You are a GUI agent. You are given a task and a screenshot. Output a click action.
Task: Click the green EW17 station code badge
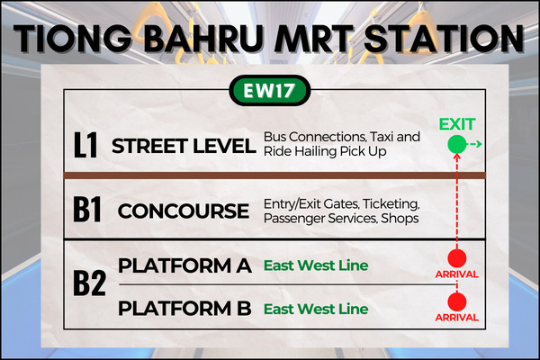coord(270,91)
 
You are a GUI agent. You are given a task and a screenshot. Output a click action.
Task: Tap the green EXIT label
coord(457,124)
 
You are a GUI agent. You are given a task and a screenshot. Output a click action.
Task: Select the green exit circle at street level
coord(457,144)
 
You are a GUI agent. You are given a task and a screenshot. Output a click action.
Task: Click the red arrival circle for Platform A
coord(457,258)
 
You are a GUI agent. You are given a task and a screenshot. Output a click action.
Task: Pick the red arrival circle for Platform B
coord(457,301)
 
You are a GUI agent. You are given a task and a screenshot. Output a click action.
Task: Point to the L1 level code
coord(85,146)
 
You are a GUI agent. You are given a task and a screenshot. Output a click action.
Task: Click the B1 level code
coord(87,210)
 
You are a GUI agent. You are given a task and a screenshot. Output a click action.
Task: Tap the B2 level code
coord(89,283)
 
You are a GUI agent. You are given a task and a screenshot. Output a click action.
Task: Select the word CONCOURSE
coord(184,211)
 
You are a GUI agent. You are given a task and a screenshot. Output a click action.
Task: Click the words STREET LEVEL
coord(184,146)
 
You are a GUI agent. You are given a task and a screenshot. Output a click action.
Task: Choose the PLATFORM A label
coord(184,265)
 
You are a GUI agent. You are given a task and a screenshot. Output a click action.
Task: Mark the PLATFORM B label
coord(184,309)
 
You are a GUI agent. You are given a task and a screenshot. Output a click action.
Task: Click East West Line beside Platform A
coord(316,265)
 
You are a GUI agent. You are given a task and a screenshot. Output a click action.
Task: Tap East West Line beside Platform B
coord(316,309)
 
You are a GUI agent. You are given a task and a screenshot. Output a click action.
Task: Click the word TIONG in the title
coord(72,38)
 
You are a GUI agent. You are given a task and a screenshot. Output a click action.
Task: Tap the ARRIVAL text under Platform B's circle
coord(457,318)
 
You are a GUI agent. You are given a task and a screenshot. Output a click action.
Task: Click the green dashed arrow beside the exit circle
coord(475,144)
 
